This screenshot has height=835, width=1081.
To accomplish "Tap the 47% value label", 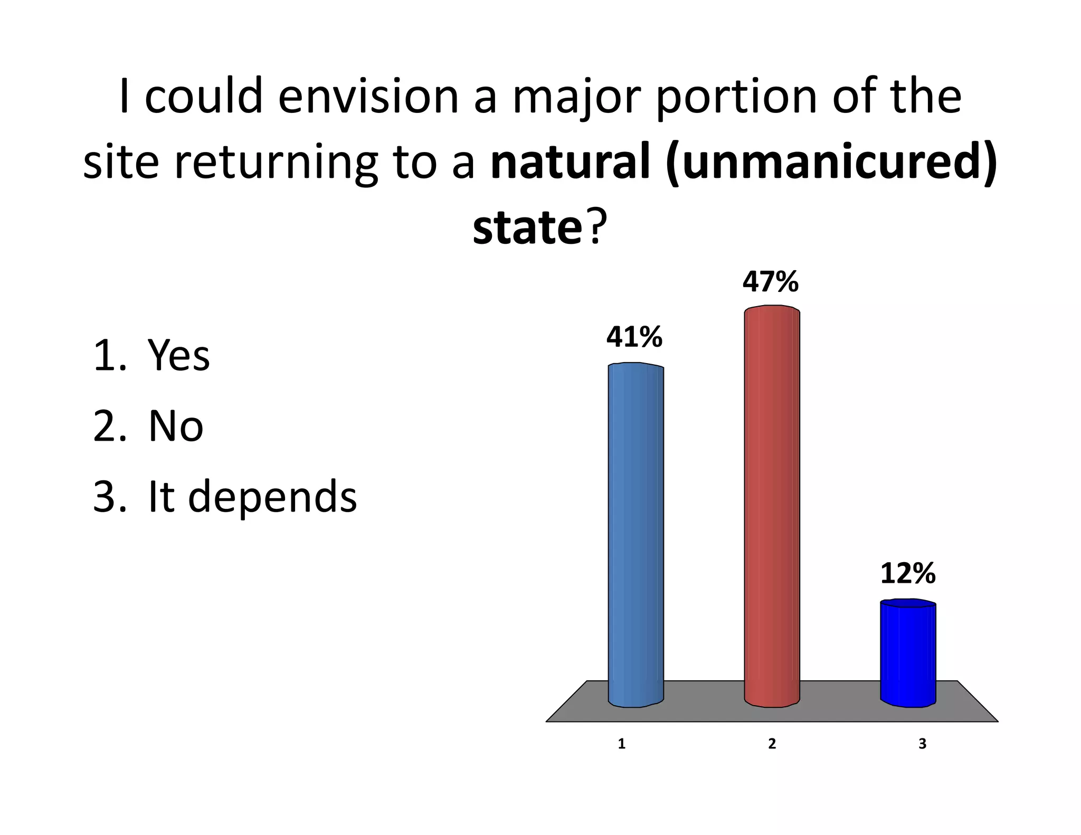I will pos(770,282).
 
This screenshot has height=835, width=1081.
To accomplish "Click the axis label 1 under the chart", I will pos(622,744).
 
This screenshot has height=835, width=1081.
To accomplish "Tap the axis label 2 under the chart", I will pos(772,744).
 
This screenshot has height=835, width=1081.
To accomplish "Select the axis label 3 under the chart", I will pos(922,744).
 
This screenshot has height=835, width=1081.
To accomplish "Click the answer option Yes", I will pos(179,355).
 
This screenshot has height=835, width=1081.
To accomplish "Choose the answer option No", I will pos(176,426).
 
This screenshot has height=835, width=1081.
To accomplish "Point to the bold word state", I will pos(527,228).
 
